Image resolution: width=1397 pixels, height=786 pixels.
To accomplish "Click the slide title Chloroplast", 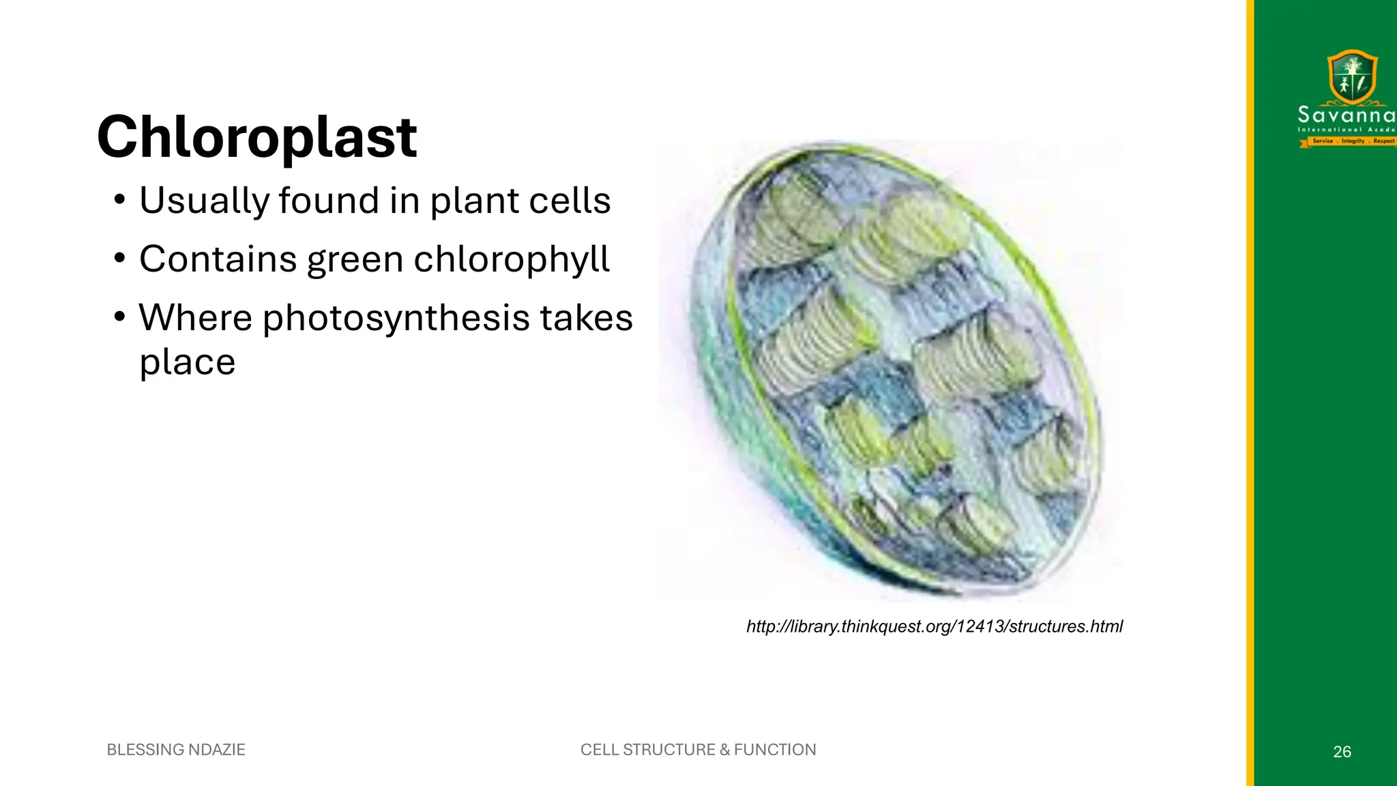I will coord(256,137).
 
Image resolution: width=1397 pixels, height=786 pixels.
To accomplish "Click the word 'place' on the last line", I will coord(187,362).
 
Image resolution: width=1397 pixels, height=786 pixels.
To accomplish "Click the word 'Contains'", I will coord(218,259).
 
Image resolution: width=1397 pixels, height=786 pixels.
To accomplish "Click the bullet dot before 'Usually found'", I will coord(120,201).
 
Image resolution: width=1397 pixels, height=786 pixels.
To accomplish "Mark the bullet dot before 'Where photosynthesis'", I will coord(120,317).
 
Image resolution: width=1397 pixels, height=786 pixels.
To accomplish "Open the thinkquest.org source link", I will coord(934,626).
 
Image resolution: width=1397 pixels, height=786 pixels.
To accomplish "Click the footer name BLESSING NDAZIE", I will coord(176,750).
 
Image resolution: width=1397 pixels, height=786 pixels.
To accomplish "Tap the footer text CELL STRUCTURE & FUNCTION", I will coord(698,750).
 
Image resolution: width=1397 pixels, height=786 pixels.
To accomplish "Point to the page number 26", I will coord(1342,752).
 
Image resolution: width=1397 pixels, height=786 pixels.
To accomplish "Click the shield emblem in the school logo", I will coord(1352,76).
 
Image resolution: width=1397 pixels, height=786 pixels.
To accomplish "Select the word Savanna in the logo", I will coord(1346,115).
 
